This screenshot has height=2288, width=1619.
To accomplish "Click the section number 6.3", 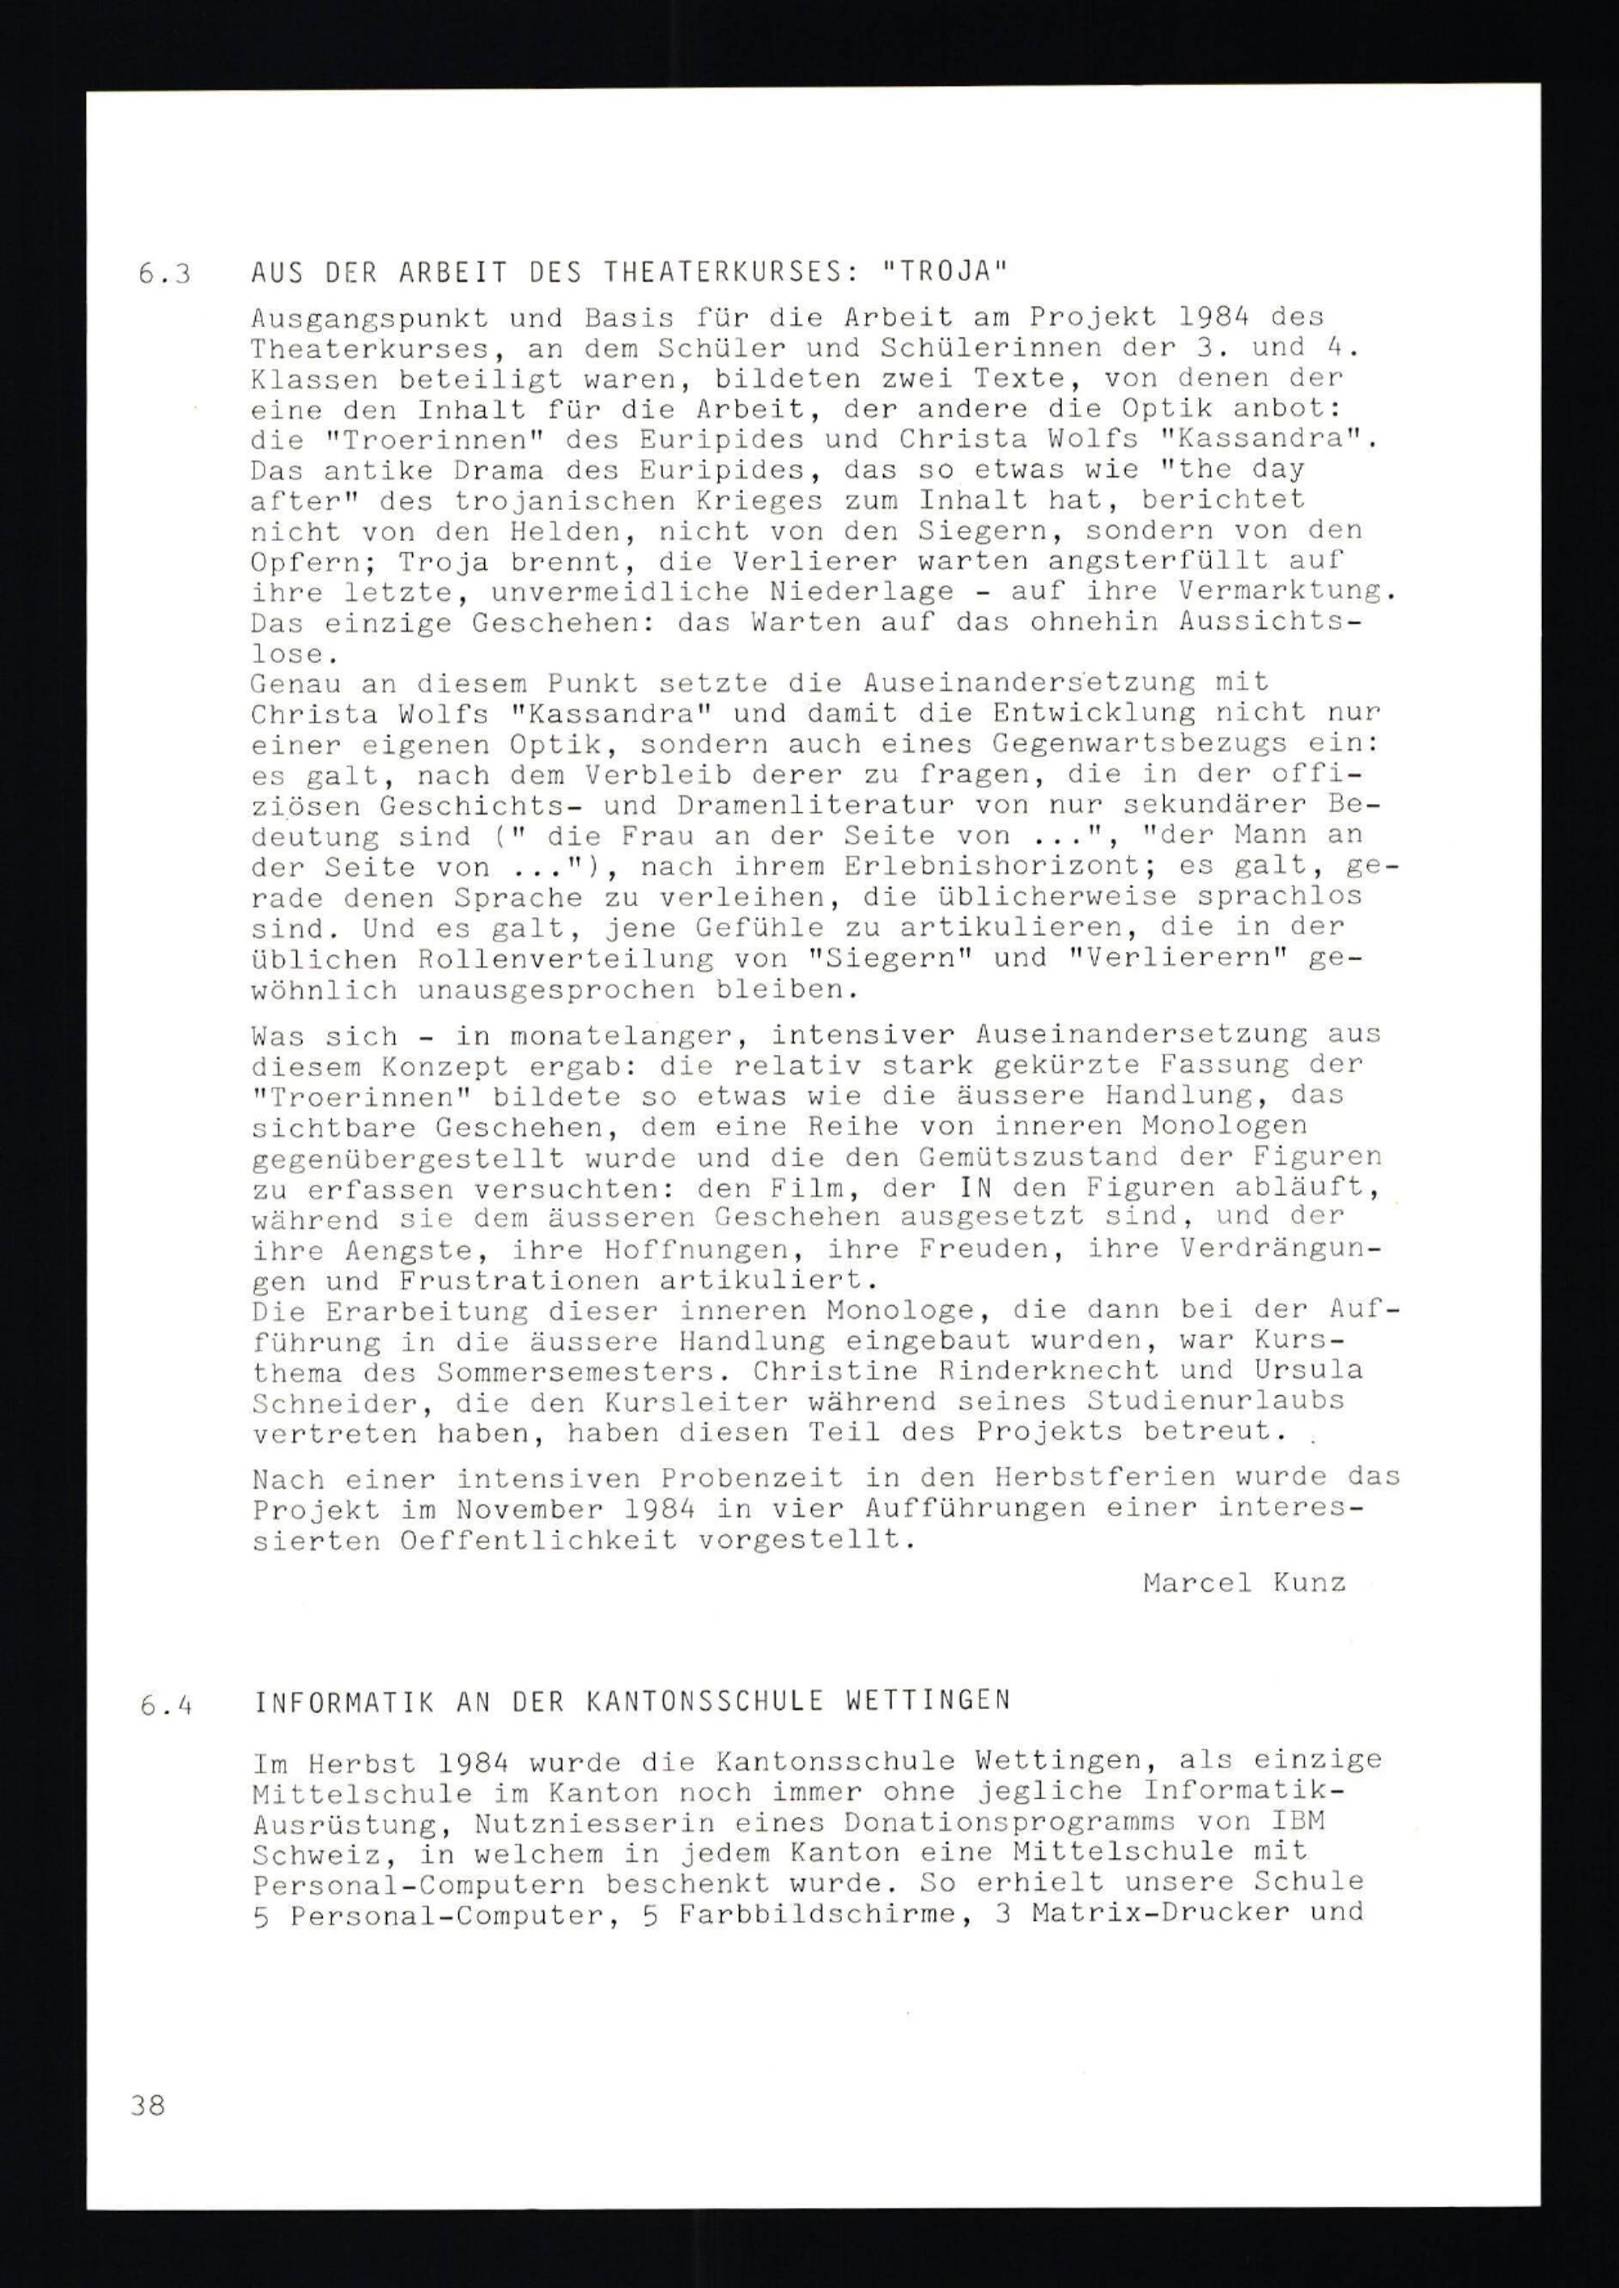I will [164, 275].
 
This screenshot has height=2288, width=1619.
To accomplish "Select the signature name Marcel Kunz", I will [1244, 1582].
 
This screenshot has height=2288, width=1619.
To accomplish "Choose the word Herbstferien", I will [1103, 1478].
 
